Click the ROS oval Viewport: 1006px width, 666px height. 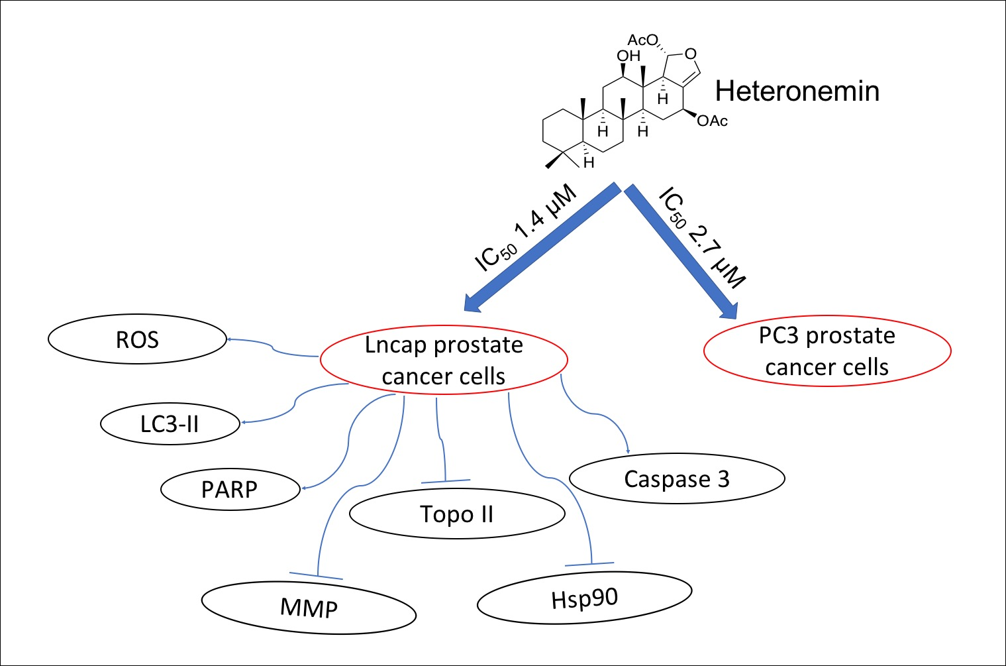pos(137,339)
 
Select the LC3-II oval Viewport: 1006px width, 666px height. pos(170,423)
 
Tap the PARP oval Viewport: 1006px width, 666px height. pos(229,489)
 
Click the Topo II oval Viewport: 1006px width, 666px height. pos(457,514)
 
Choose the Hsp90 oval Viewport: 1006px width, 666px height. pos(584,598)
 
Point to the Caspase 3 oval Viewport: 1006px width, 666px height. pos(677,478)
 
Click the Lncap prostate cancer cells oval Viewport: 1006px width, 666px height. pos(444,361)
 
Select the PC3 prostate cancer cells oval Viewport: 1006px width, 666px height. pos(827,351)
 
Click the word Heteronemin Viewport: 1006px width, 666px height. pos(797,91)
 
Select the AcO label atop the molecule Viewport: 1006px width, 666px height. pos(643,40)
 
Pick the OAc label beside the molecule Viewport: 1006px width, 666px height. pos(712,121)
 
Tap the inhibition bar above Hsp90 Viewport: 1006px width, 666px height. pos(589,564)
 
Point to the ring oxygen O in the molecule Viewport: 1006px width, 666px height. pos(691,54)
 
